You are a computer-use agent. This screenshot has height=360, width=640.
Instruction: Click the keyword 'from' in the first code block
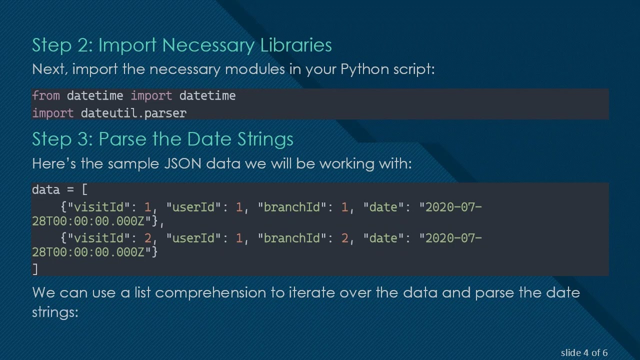click(46, 96)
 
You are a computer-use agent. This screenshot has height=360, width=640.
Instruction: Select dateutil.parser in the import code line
click(133, 113)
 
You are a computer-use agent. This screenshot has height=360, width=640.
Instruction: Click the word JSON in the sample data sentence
click(182, 163)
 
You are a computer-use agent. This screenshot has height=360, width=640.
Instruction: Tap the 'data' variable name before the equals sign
click(45, 190)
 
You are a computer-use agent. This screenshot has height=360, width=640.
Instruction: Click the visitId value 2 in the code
click(147, 238)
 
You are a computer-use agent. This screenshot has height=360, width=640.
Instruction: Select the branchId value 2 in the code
click(344, 238)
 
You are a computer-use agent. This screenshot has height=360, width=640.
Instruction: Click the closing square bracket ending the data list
click(35, 269)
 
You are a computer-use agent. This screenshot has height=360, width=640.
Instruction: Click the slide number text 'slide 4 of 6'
click(584, 353)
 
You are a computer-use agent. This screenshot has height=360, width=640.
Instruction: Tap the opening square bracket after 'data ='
click(84, 190)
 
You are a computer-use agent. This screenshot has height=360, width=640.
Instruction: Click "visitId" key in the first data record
click(102, 207)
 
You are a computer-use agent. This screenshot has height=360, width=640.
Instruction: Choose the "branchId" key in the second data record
click(292, 238)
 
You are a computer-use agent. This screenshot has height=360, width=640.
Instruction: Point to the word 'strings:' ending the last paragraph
click(55, 312)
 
